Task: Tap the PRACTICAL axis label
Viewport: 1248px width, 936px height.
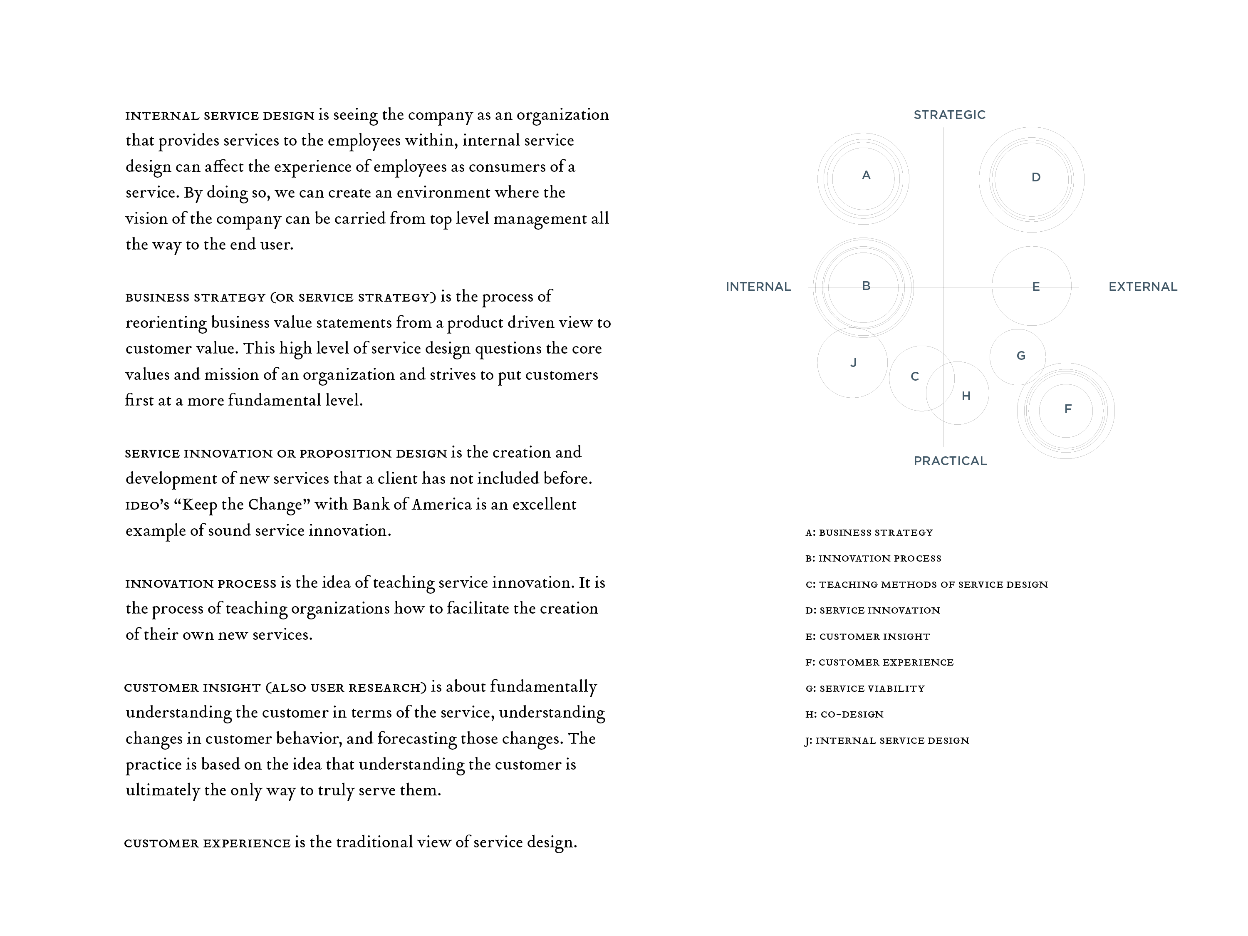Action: tap(950, 461)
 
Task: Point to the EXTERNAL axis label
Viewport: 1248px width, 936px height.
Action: tap(1142, 287)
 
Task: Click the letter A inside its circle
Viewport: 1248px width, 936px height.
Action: tap(866, 176)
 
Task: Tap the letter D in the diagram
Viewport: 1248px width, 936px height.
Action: tap(1036, 178)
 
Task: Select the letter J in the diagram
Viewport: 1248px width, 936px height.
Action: tap(854, 363)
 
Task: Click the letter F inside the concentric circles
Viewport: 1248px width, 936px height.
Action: tap(1067, 409)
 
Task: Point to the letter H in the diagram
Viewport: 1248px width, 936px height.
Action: tap(966, 396)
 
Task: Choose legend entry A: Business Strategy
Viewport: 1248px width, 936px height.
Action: tap(869, 532)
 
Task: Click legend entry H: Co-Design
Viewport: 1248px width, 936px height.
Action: tap(844, 714)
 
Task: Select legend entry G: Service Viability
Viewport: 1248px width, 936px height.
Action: tap(865, 688)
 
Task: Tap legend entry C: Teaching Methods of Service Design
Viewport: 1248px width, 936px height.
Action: tap(926, 584)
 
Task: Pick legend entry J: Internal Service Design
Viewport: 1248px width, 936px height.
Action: tap(886, 740)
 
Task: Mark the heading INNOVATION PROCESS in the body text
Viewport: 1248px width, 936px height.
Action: tap(200, 583)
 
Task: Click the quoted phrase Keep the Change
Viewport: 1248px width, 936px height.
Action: tap(242, 504)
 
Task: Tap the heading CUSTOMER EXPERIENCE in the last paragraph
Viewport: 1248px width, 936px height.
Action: tap(207, 843)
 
